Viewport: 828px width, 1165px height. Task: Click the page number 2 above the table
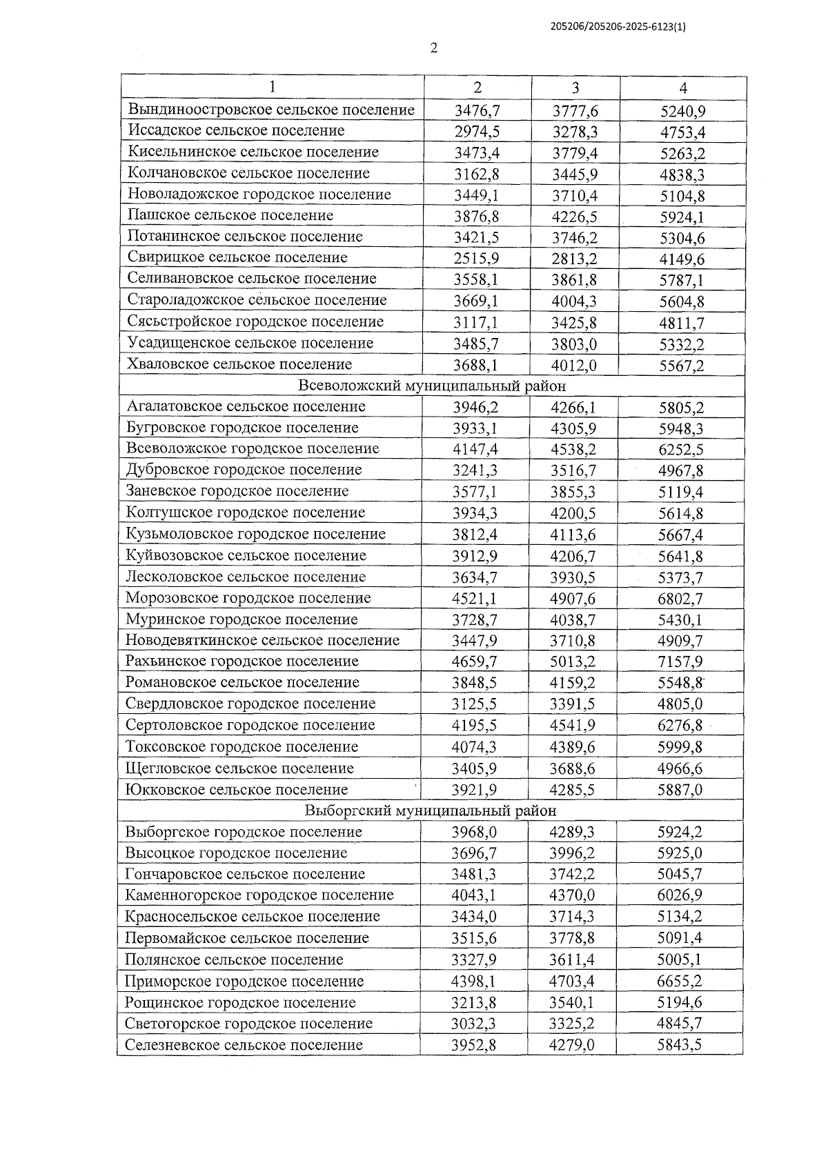[433, 48]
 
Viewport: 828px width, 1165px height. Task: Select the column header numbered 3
[575, 88]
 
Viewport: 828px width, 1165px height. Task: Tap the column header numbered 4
[682, 88]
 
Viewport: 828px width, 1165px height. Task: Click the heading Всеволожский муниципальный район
[431, 386]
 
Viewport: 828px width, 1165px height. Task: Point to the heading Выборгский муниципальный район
[430, 810]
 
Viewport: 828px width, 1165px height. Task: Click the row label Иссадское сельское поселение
[237, 130]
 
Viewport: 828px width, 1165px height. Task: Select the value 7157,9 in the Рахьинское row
[680, 662]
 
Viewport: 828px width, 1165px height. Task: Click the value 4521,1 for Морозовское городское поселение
[475, 599]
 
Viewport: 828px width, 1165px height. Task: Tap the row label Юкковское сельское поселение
[237, 790]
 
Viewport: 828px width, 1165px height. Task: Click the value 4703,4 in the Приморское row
[572, 982]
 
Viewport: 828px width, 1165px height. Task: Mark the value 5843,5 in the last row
[679, 1045]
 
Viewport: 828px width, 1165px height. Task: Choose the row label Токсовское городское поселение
[241, 747]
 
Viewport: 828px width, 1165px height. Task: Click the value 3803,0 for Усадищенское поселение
[574, 344]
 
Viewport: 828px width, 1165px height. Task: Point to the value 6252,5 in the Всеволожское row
[680, 450]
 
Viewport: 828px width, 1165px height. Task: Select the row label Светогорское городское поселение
[248, 1024]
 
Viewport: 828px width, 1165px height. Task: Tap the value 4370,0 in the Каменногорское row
[572, 896]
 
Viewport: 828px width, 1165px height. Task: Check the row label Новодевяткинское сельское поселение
[262, 640]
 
